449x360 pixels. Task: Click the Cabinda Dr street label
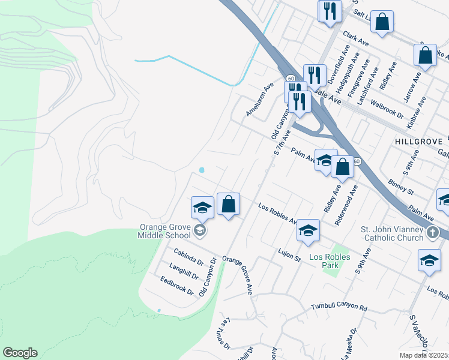(x=188, y=257)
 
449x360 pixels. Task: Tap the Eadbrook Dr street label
(x=176, y=285)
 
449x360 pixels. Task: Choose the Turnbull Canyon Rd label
(x=339, y=307)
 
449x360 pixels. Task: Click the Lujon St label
(x=288, y=254)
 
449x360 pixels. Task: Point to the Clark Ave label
(x=355, y=40)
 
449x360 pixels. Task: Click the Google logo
(x=20, y=353)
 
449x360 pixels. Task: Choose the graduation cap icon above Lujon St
(x=308, y=230)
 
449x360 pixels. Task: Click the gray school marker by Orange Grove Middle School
(x=199, y=230)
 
